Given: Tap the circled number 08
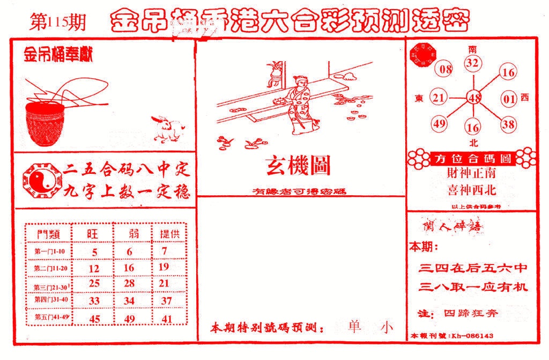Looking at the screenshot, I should pos(445,69).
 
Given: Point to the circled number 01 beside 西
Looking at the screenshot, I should pos(508,99).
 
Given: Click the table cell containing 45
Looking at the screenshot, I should pos(94,319).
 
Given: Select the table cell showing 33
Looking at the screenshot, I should pos(94,301).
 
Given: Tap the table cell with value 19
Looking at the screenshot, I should pos(164,267).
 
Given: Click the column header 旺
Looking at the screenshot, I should pos(94,234).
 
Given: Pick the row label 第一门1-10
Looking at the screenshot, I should pos(49,252).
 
